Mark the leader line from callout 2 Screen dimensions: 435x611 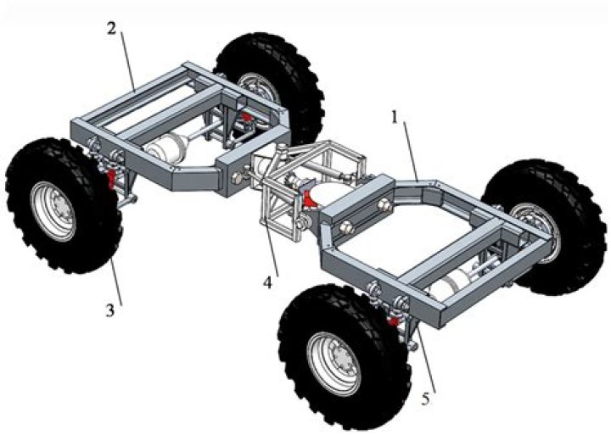pos(126,59)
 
